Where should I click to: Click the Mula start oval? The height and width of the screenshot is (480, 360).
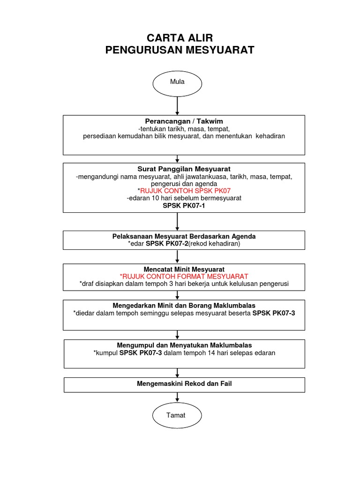[x=177, y=83]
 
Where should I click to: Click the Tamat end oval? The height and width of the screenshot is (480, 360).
[x=177, y=415]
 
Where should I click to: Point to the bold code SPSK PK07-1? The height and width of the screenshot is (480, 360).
[x=184, y=205]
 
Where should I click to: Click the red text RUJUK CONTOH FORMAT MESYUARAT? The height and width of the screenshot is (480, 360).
[x=184, y=277]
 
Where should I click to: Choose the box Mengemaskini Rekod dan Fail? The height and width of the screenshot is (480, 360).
[x=184, y=384]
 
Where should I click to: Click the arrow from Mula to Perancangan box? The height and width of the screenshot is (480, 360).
[x=177, y=106]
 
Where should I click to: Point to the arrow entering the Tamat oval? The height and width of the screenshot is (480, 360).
[x=177, y=397]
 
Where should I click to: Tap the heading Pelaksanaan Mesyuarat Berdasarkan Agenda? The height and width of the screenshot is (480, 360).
[x=184, y=236]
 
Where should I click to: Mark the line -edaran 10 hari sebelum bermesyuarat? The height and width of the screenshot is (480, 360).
[x=184, y=198]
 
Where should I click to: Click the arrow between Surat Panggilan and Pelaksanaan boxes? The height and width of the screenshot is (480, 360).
[x=177, y=222]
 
